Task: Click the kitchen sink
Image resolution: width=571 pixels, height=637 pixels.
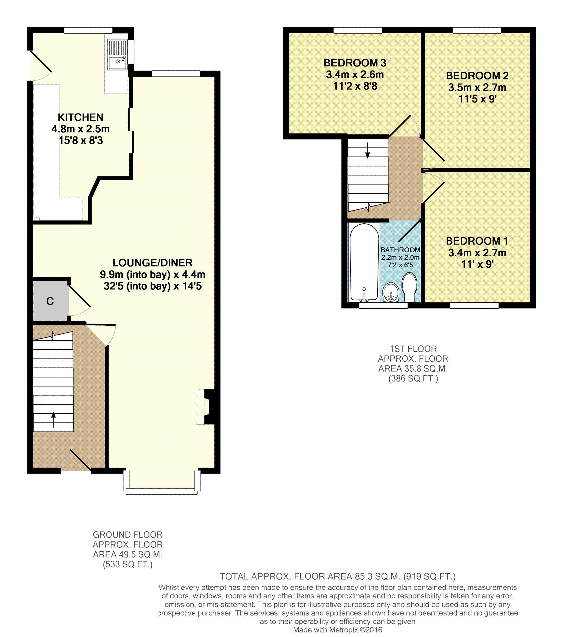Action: pyautogui.click(x=117, y=54)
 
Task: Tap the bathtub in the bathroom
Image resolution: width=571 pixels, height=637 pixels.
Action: pyautogui.click(x=364, y=263)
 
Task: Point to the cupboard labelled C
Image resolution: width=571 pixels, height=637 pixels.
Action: pyautogui.click(x=50, y=301)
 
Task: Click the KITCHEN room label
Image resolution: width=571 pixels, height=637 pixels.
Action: pyautogui.click(x=81, y=117)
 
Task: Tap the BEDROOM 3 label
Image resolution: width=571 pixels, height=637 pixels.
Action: pyautogui.click(x=355, y=63)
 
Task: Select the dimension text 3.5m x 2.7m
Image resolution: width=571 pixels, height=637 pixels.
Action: pyautogui.click(x=477, y=87)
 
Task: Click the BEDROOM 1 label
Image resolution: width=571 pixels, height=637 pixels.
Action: pyautogui.click(x=477, y=241)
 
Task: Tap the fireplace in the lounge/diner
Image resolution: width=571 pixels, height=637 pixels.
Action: pyautogui.click(x=206, y=407)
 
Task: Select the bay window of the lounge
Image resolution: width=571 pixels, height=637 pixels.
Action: pyautogui.click(x=162, y=491)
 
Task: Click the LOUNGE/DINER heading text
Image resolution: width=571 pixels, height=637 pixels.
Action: pyautogui.click(x=153, y=263)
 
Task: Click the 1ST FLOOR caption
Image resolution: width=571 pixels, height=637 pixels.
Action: pyautogui.click(x=413, y=349)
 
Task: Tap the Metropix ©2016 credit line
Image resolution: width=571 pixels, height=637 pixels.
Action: pyautogui.click(x=338, y=630)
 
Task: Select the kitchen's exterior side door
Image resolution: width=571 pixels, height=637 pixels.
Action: pyautogui.click(x=40, y=65)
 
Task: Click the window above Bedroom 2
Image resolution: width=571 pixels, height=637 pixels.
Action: pyautogui.click(x=477, y=30)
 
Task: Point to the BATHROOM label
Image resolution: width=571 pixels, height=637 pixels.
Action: pyautogui.click(x=400, y=250)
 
